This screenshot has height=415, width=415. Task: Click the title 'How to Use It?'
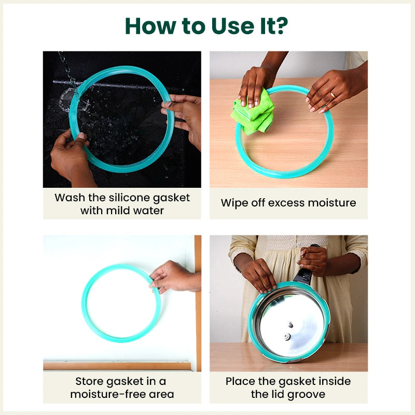207,25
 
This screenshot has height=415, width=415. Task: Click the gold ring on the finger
332,95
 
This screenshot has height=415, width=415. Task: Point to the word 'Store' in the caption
91,381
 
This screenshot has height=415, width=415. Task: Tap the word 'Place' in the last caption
241,381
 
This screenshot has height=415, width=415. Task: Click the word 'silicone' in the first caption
120,198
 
